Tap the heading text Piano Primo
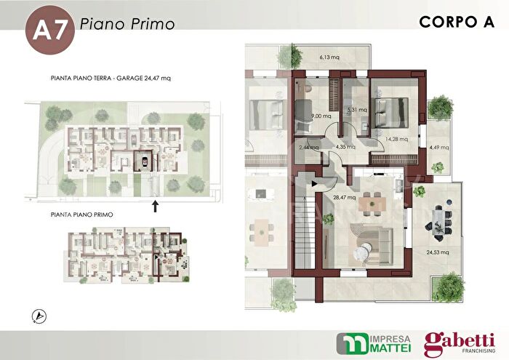127,24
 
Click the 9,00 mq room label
321,116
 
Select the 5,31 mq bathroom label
357,110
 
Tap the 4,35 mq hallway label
345,146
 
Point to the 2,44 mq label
309,147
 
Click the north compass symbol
38,316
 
